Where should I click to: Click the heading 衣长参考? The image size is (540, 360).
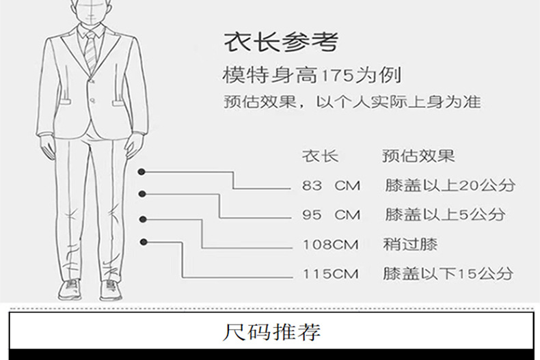[280, 42]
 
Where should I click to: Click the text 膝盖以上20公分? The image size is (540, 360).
[449, 185]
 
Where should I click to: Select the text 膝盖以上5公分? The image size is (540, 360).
[444, 214]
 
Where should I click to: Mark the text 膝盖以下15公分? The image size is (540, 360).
[448, 275]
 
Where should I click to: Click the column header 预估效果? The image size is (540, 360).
[418, 156]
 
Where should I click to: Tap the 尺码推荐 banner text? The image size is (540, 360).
[273, 334]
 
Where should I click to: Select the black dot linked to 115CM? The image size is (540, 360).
[144, 241]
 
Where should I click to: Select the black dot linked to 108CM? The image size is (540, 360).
[144, 219]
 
